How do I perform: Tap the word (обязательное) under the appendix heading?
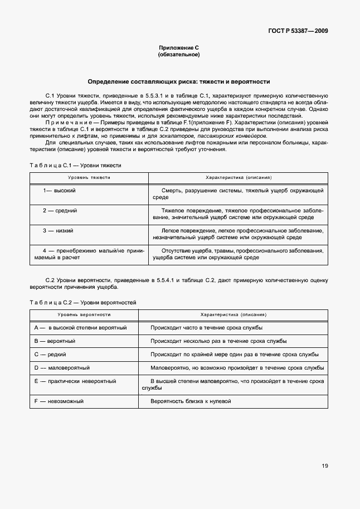pos(179,55)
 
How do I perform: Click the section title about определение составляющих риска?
pos(179,81)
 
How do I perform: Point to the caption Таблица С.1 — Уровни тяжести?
pos(75,166)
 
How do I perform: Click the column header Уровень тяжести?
pos(89,178)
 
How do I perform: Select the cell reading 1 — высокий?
pos(60,191)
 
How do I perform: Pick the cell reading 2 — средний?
pos(60,211)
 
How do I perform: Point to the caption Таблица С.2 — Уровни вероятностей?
pos(83,302)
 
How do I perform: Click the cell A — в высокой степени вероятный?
pos(81,328)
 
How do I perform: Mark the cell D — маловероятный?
pos(62,368)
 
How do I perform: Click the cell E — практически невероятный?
pos(75,381)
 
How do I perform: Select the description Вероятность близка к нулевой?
pos(190,401)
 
